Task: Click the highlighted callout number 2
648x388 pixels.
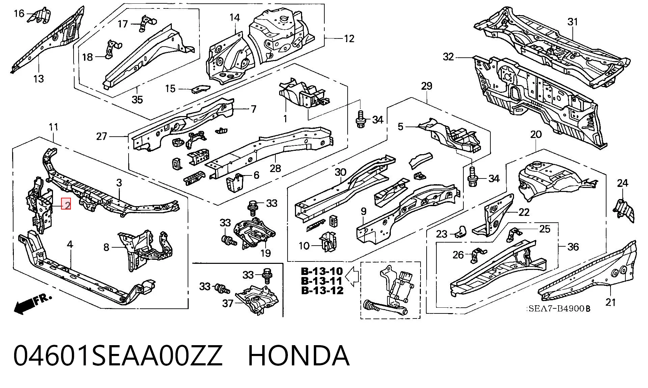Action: pyautogui.click(x=66, y=204)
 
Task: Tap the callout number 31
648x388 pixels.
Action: pyautogui.click(x=573, y=22)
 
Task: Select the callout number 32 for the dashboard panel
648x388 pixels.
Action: pyautogui.click(x=448, y=57)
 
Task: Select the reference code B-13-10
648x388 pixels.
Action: pyautogui.click(x=322, y=271)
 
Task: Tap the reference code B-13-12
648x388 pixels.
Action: pyautogui.click(x=322, y=290)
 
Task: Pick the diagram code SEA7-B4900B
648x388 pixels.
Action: pyautogui.click(x=559, y=309)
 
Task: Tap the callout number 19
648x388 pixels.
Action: pyautogui.click(x=266, y=253)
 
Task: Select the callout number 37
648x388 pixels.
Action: pyautogui.click(x=228, y=303)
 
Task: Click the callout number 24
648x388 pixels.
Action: pyautogui.click(x=622, y=183)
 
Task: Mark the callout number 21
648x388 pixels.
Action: pyautogui.click(x=611, y=302)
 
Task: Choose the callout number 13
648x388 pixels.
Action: pyautogui.click(x=38, y=79)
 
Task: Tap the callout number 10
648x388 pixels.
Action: pyautogui.click(x=304, y=246)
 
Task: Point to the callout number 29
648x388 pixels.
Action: pyautogui.click(x=427, y=86)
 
